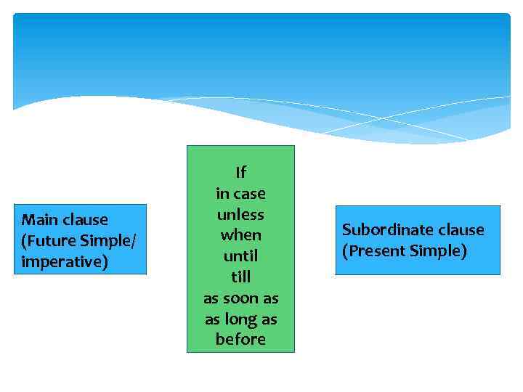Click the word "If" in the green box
pyautogui.click(x=240, y=173)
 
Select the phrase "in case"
pyautogui.click(x=240, y=194)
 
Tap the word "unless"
pyautogui.click(x=240, y=215)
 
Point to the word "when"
pyautogui.click(x=240, y=235)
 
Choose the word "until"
pyautogui.click(x=240, y=256)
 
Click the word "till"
pyautogui.click(x=240, y=277)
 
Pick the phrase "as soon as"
pyautogui.click(x=240, y=298)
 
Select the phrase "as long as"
pyautogui.click(x=240, y=319)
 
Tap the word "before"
pyautogui.click(x=240, y=340)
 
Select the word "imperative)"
pyautogui.click(x=65, y=261)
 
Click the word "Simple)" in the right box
pyautogui.click(x=439, y=251)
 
